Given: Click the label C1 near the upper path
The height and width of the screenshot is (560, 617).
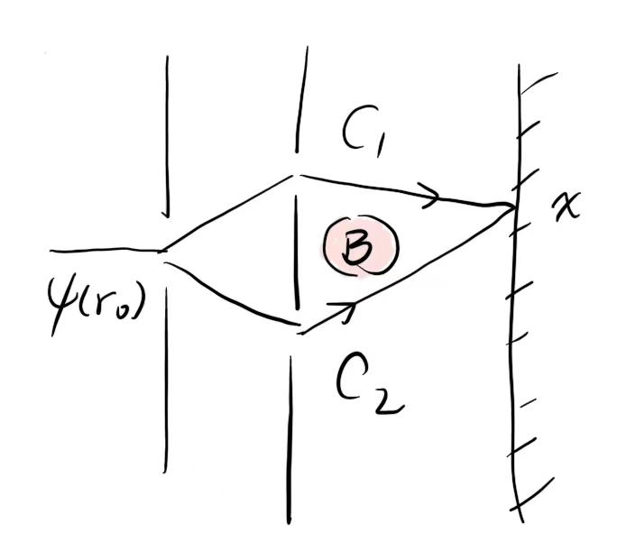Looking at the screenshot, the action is tap(362, 132).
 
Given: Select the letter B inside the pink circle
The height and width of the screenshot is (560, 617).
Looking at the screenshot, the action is tap(358, 248).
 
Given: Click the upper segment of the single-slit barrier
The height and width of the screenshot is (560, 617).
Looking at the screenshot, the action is tap(167, 136).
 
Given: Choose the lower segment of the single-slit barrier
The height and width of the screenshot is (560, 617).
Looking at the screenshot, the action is tap(166, 380).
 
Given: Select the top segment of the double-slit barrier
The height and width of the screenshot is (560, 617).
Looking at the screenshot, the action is tap(302, 99).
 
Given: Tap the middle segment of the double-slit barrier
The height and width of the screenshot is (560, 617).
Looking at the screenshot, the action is tap(297, 252).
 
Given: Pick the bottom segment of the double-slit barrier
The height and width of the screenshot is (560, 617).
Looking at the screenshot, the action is tap(290, 440).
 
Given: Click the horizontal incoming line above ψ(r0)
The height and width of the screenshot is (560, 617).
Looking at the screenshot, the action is tap(106, 250).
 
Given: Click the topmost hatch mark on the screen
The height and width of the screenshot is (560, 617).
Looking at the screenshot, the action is tap(539, 83).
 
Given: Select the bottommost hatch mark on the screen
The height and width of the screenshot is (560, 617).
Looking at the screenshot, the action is tap(532, 494).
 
